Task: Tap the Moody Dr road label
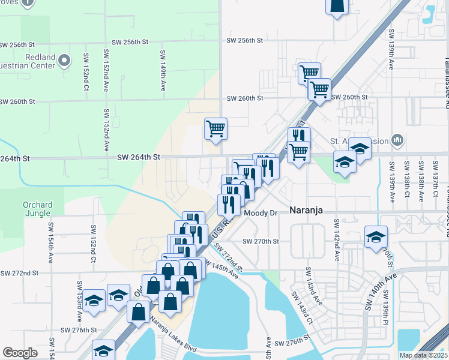pos(261,213)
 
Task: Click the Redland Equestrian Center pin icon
pos(67,60)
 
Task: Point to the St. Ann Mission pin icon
pos(397,140)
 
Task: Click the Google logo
pos(20,353)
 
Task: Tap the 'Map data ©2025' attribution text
pos(423,355)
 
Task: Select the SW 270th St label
pos(261,241)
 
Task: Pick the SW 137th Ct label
pos(436,181)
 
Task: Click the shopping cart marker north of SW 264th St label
pos(215,128)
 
